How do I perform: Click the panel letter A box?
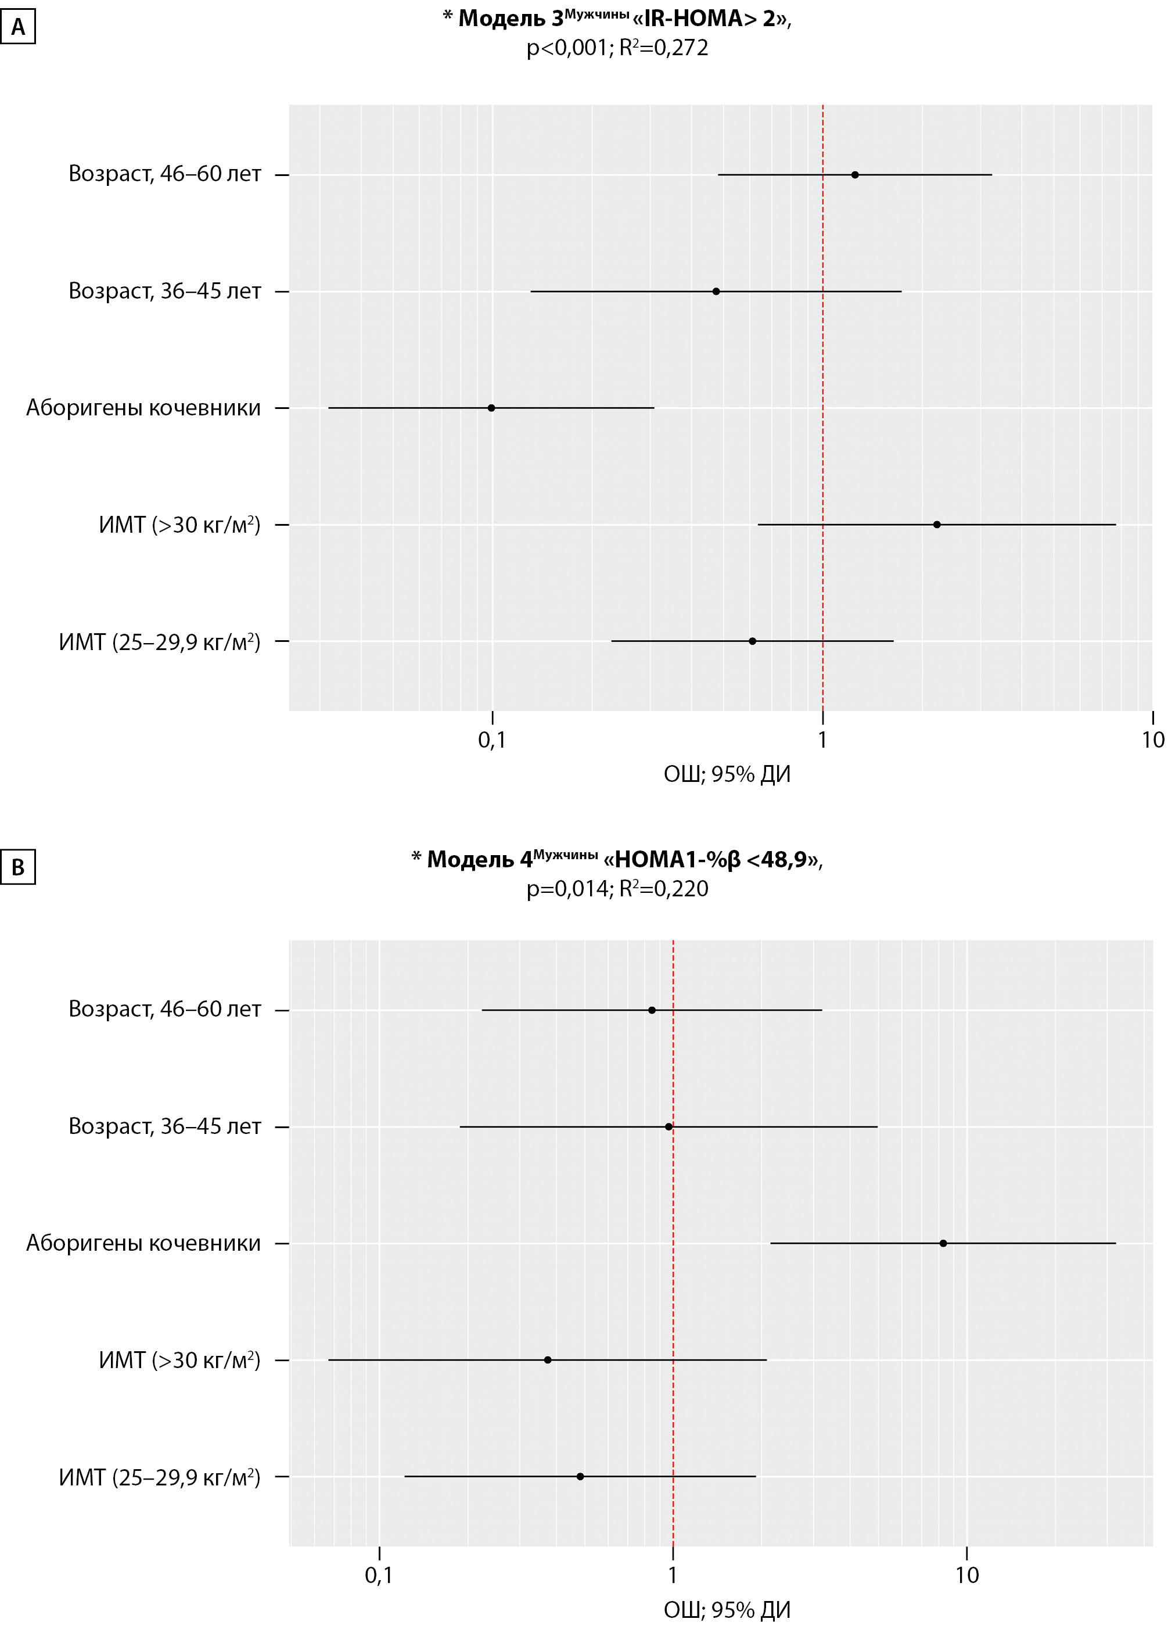coord(18,28)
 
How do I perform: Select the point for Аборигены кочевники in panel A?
coord(491,408)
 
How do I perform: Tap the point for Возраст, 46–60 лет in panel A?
coord(855,175)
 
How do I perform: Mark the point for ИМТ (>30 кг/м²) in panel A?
coord(936,525)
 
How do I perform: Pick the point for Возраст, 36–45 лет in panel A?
coord(716,291)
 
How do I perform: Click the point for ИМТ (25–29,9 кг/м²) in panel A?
coord(752,641)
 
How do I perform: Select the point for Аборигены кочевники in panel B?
coord(943,1243)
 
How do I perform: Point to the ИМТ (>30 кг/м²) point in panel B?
coord(548,1360)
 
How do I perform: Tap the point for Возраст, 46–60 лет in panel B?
coord(652,1010)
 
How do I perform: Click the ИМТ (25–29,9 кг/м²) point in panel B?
coord(580,1476)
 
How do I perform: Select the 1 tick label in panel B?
coord(673,1575)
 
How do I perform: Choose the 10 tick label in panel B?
coord(966,1575)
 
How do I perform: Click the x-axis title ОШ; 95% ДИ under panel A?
coord(727,774)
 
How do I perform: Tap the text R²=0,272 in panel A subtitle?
coord(664,48)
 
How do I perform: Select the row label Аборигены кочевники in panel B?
coord(143,1243)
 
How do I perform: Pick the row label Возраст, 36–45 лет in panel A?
coord(164,291)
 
